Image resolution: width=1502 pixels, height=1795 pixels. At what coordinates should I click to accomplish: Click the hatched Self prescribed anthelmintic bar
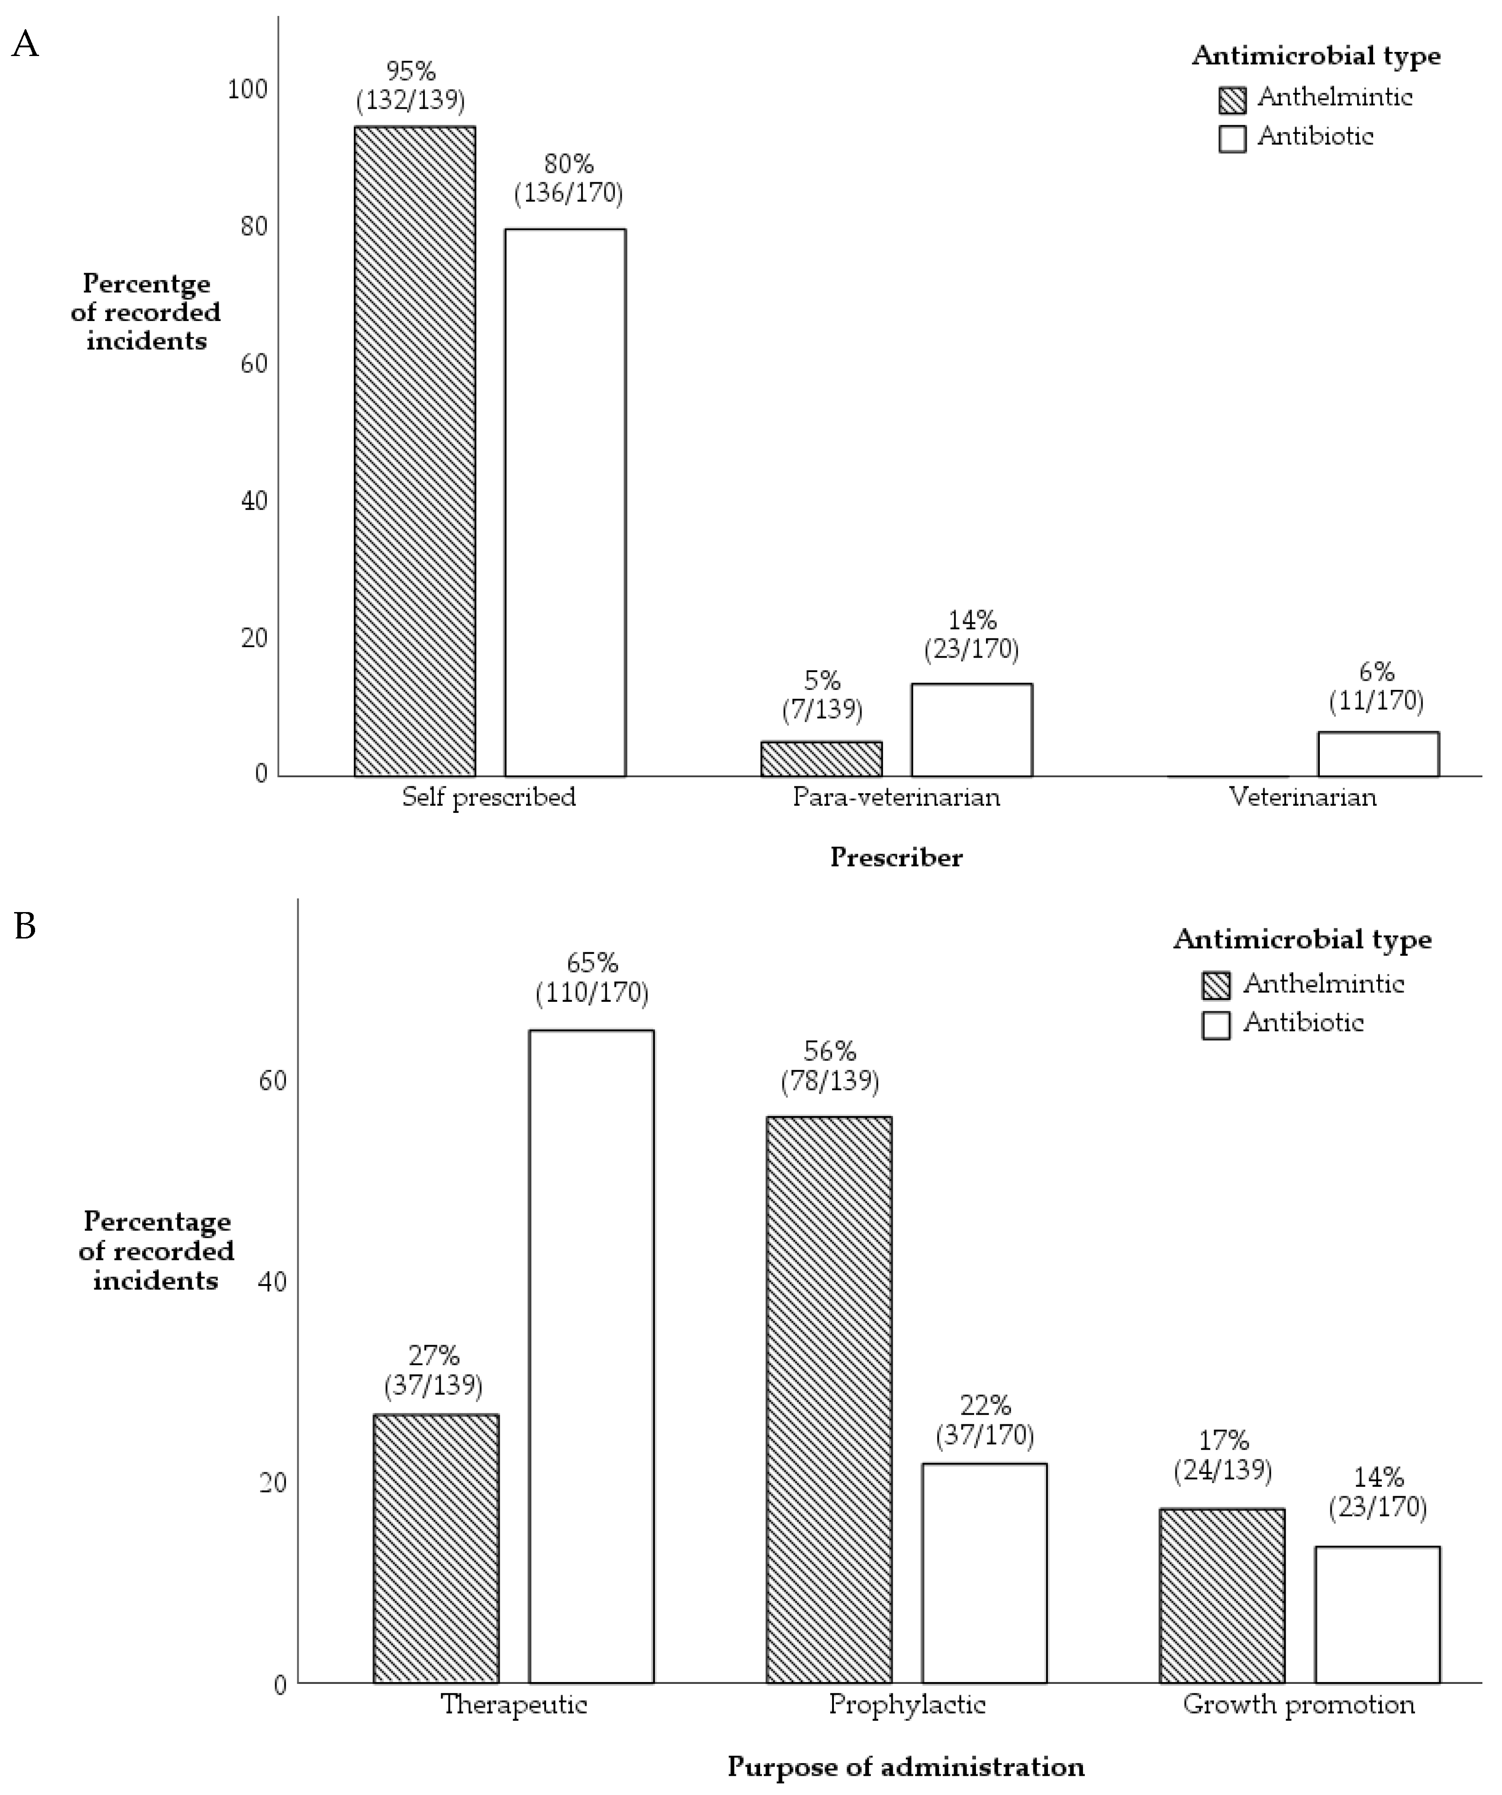coord(414,451)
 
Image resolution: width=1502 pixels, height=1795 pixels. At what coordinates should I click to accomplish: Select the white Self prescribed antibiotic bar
coord(565,503)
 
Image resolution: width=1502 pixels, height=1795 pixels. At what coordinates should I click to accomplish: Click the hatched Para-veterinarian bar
coord(822,759)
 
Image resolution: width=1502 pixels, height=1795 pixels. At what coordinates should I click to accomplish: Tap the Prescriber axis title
coord(896,857)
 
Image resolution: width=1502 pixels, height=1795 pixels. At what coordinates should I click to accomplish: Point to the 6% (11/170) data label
coord(1376,686)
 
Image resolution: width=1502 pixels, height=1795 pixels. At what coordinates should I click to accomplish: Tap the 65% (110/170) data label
coord(592,978)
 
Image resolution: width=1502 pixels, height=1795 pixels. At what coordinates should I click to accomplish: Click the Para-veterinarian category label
coord(896,797)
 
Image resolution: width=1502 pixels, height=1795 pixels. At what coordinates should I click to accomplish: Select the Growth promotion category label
coord(1298,1704)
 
